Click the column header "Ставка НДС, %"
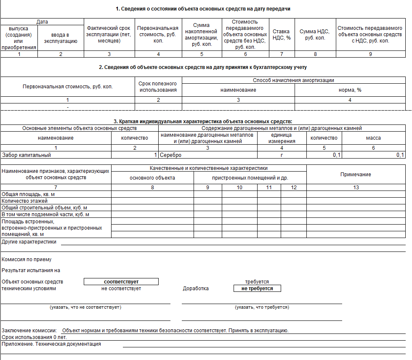pyautogui.click(x=282, y=34)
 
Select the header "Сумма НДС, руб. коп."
pyautogui.click(x=315, y=34)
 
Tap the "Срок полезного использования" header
pyautogui.click(x=158, y=87)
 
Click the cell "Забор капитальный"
pyautogui.click(x=27, y=155)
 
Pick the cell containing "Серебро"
pyautogui.click(x=171, y=155)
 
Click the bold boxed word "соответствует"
pyautogui.click(x=121, y=282)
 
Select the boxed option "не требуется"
pyautogui.click(x=257, y=289)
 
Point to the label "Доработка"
pyautogui.click(x=196, y=289)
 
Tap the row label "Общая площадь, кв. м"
pyautogui.click(x=29, y=194)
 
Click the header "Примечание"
pyautogui.click(x=356, y=174)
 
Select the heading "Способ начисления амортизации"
pyautogui.click(x=294, y=80)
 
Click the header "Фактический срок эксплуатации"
pyautogui.click(x=109, y=34)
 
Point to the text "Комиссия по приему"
pyautogui.click(x=27, y=259)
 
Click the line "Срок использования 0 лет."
pyautogui.click(x=35, y=337)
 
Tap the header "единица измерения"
pyautogui.click(x=282, y=138)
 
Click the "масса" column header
pyautogui.click(x=373, y=138)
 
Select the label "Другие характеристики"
pyautogui.click(x=29, y=242)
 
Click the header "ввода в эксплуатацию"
pyautogui.click(x=61, y=38)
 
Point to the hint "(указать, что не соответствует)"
pyautogui.click(x=85, y=307)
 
